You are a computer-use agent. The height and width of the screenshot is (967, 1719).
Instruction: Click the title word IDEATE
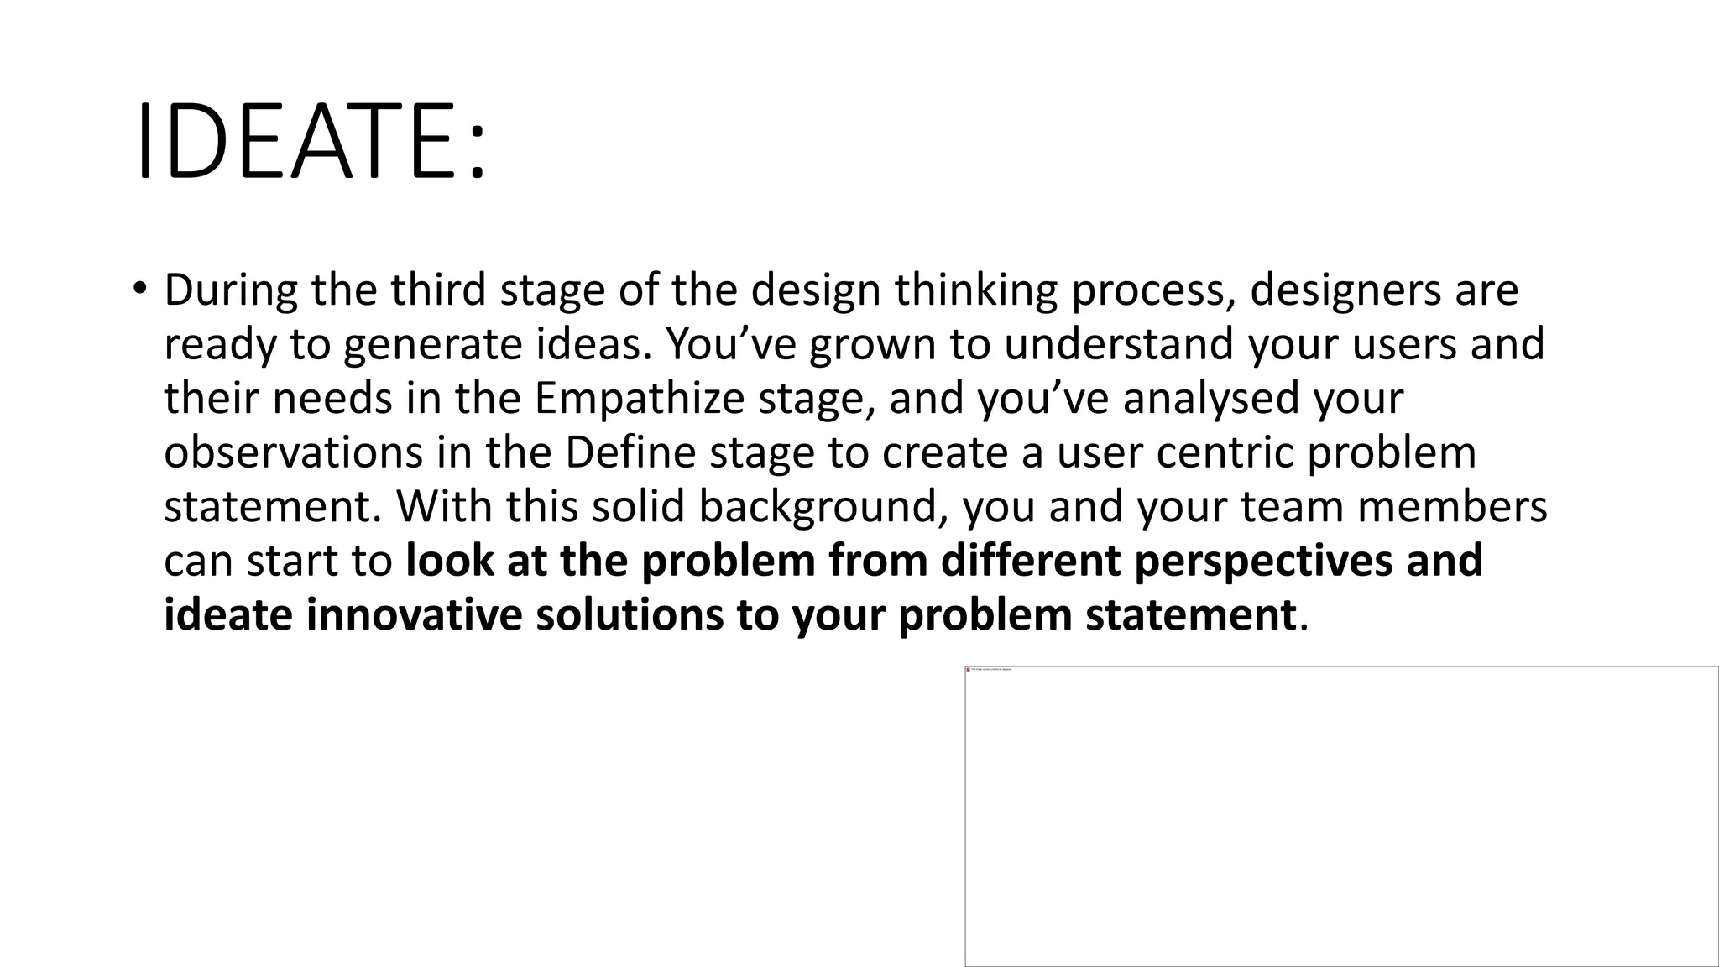(298, 141)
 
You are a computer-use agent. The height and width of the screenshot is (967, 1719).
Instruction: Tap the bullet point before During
(139, 289)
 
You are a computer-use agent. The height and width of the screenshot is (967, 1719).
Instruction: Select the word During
(231, 290)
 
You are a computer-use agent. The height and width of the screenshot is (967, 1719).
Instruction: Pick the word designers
(1340, 290)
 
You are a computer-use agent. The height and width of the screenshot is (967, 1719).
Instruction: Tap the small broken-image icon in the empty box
(969, 670)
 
